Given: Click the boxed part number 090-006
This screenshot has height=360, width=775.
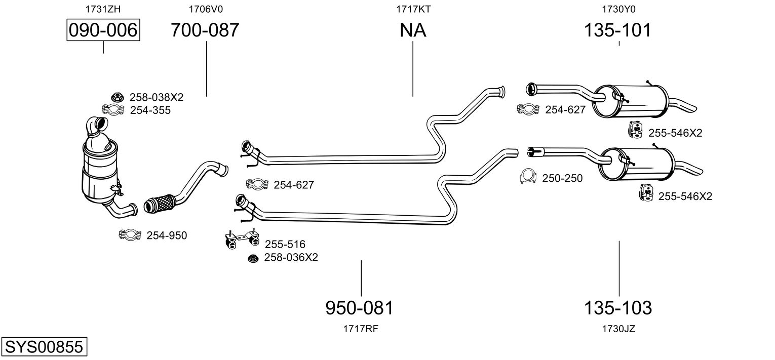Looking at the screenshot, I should pyautogui.click(x=103, y=30).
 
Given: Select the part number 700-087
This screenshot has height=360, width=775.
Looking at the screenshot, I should pyautogui.click(x=205, y=30).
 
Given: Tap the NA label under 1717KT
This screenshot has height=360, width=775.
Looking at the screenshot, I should pyautogui.click(x=413, y=30).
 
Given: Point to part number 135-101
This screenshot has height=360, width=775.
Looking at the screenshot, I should pyautogui.click(x=617, y=30).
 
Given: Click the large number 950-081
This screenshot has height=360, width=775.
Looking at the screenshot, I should pyautogui.click(x=359, y=307).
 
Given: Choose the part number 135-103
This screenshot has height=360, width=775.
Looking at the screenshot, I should pyautogui.click(x=618, y=307).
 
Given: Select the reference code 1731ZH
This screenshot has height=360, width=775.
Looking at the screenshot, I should pyautogui.click(x=103, y=9).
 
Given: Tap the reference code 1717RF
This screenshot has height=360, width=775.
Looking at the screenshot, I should pyautogui.click(x=361, y=329).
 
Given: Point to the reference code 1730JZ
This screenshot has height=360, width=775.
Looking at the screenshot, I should pyautogui.click(x=618, y=329).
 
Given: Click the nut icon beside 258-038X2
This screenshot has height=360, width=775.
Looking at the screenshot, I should pyautogui.click(x=118, y=97).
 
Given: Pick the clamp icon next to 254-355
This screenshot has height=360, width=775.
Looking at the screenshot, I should pyautogui.click(x=113, y=109).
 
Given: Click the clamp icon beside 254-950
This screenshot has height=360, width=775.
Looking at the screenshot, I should pyautogui.click(x=130, y=234).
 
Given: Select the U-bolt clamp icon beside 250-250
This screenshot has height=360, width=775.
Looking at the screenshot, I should pyautogui.click(x=528, y=177).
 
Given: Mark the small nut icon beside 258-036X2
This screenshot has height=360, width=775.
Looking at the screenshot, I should pyautogui.click(x=253, y=258).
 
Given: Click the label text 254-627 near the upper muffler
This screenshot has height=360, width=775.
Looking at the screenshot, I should pyautogui.click(x=565, y=109).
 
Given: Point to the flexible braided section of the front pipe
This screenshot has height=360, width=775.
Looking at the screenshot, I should pyautogui.click(x=159, y=204).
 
